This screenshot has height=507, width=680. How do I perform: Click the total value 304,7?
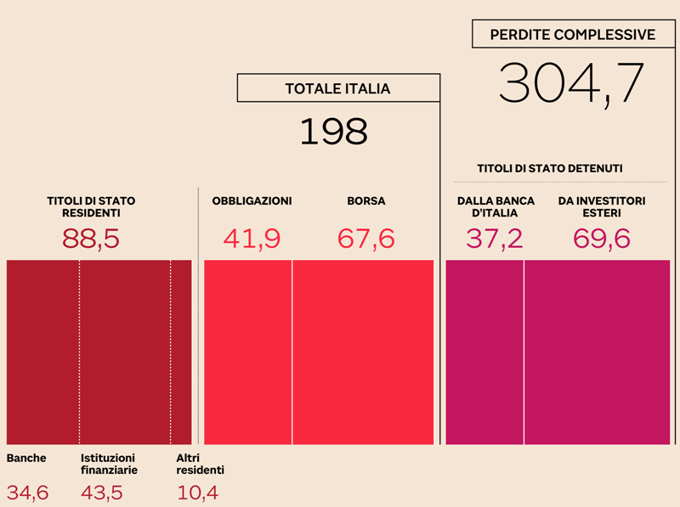(x=571, y=83)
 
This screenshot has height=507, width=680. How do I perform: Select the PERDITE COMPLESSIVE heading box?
(x=573, y=35)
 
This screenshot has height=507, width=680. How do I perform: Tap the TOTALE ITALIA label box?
(x=337, y=88)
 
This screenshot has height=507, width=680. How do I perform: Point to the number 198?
(x=334, y=132)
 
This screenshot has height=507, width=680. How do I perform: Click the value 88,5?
(x=91, y=239)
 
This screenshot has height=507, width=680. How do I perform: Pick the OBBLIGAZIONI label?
(x=252, y=201)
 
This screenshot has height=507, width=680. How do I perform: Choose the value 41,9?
(x=252, y=239)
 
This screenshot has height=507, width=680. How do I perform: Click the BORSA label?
(x=365, y=201)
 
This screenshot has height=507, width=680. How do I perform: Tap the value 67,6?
(x=365, y=239)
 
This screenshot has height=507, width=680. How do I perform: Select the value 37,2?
(x=495, y=239)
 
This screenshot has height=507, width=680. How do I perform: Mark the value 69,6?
(x=602, y=239)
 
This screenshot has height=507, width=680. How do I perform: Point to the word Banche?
(x=26, y=459)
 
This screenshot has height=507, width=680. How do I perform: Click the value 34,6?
(x=28, y=492)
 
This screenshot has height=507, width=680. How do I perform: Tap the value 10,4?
(x=197, y=492)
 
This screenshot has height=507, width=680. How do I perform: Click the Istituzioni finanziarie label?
(x=109, y=464)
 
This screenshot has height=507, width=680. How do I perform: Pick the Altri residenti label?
(x=200, y=464)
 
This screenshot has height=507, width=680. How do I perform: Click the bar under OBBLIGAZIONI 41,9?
(x=248, y=352)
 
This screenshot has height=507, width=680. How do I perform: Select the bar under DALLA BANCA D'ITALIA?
(x=484, y=352)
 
